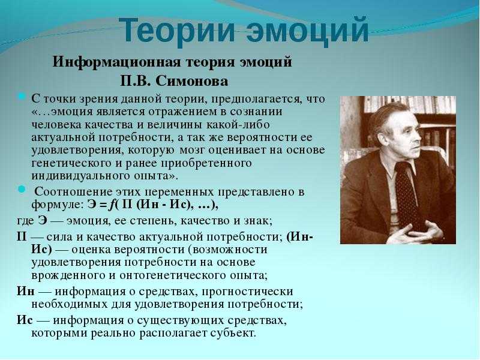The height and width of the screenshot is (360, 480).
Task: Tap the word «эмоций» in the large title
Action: tap(308, 31)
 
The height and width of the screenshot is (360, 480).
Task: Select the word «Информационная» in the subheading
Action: tap(117, 62)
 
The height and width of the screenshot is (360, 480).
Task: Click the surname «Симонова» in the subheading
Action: tap(192, 82)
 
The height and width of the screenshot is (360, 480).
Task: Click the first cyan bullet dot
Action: tap(22, 97)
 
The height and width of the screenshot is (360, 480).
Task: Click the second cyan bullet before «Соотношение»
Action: tap(22, 189)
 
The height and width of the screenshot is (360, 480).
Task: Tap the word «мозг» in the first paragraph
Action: tap(192, 150)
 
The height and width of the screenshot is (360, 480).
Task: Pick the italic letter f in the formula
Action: tap(112, 205)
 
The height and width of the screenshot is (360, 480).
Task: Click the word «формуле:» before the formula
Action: tap(57, 205)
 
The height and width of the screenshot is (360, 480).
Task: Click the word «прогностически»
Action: tap(247, 291)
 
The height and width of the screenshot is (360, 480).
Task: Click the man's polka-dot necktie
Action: tap(407, 192)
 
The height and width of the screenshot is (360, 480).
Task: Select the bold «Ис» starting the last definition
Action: tap(25, 320)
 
